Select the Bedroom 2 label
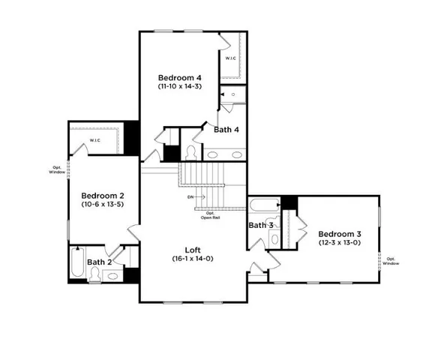coord(103,193)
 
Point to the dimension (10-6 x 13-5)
coord(103,202)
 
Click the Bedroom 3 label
coord(337,233)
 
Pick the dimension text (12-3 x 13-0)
coord(337,243)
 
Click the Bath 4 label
coord(226,130)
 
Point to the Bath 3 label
coord(260,225)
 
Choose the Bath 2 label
coord(99,262)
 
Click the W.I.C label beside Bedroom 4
coord(230,58)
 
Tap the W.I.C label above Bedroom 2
coord(95,140)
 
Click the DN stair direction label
coord(192,197)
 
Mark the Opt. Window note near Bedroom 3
coord(391,261)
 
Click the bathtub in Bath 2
coord(77,263)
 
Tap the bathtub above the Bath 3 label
coord(265,205)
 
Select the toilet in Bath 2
coord(95,274)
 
